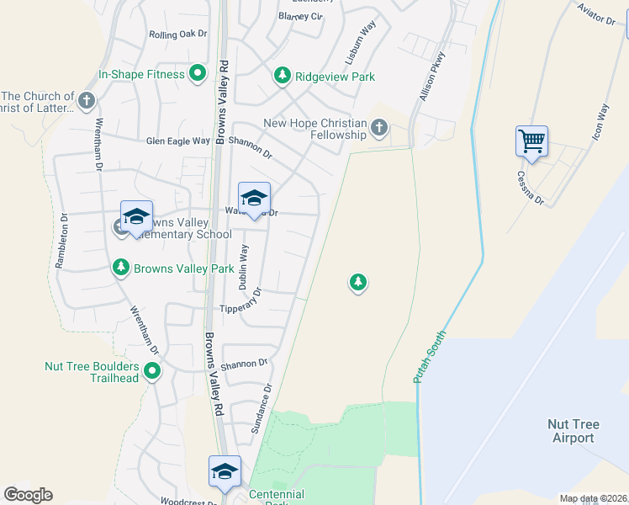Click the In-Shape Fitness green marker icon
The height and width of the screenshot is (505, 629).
(x=198, y=75)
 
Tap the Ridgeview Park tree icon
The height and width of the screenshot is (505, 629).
(x=283, y=77)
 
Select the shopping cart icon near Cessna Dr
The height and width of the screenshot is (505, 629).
(x=531, y=141)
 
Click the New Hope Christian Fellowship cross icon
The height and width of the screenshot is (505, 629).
(x=378, y=129)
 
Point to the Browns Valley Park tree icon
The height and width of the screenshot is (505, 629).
(x=121, y=268)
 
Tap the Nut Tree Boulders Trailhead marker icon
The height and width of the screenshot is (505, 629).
(x=152, y=370)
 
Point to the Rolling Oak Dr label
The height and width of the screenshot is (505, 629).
(x=177, y=35)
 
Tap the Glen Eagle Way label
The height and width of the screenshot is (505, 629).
(x=177, y=141)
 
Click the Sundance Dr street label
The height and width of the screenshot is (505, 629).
(x=261, y=410)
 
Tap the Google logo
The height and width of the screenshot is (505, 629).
(x=28, y=495)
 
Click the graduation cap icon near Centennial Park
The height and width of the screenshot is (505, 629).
(x=225, y=471)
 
